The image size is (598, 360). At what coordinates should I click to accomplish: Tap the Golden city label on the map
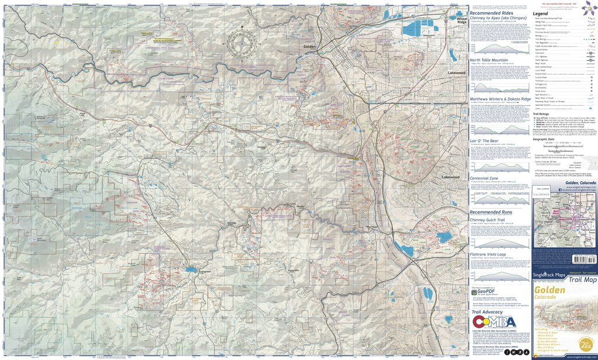pyautogui.click(x=310, y=46)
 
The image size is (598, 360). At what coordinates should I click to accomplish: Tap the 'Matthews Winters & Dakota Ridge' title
pyautogui.click(x=501, y=99)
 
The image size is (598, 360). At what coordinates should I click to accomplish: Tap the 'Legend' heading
pyautogui.click(x=540, y=13)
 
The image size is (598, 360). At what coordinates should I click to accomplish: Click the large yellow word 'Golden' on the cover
pyautogui.click(x=550, y=290)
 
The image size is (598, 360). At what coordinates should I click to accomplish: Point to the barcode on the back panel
pyautogui.click(x=584, y=258)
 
